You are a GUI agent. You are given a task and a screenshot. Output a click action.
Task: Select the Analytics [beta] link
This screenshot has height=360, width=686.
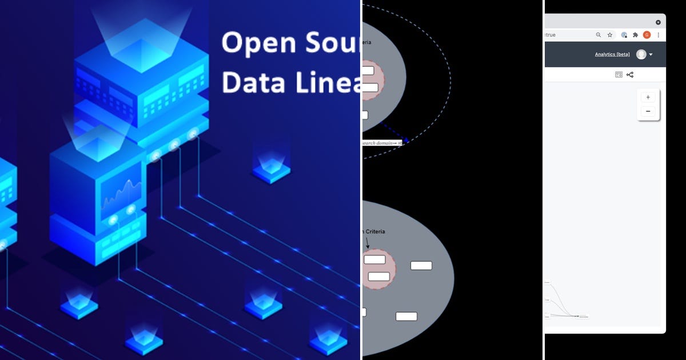click(612, 54)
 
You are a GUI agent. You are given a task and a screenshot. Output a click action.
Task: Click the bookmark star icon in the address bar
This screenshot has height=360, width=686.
click(610, 35)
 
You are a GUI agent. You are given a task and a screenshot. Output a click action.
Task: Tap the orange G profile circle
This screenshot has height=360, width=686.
click(647, 35)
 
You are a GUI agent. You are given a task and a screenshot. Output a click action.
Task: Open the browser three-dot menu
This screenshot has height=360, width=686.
click(659, 35)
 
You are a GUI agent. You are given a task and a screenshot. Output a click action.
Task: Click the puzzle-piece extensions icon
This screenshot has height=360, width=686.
click(635, 35)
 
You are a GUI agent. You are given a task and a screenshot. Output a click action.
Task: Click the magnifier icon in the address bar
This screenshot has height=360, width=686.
click(599, 35)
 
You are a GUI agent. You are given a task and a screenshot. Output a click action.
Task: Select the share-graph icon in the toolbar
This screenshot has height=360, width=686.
click(630, 74)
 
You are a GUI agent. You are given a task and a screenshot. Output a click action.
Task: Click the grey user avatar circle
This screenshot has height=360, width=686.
click(641, 54)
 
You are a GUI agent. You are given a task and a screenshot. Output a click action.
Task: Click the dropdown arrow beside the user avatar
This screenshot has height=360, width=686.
click(651, 54)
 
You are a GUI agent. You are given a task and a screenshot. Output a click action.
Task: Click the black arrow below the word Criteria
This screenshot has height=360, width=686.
click(367, 242)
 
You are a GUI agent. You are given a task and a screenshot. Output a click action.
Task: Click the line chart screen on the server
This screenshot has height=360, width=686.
click(121, 193)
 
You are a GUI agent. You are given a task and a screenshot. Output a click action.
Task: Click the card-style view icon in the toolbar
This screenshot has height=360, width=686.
click(619, 74)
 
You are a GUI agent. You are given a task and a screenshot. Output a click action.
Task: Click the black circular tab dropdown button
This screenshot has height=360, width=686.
click(658, 22)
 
